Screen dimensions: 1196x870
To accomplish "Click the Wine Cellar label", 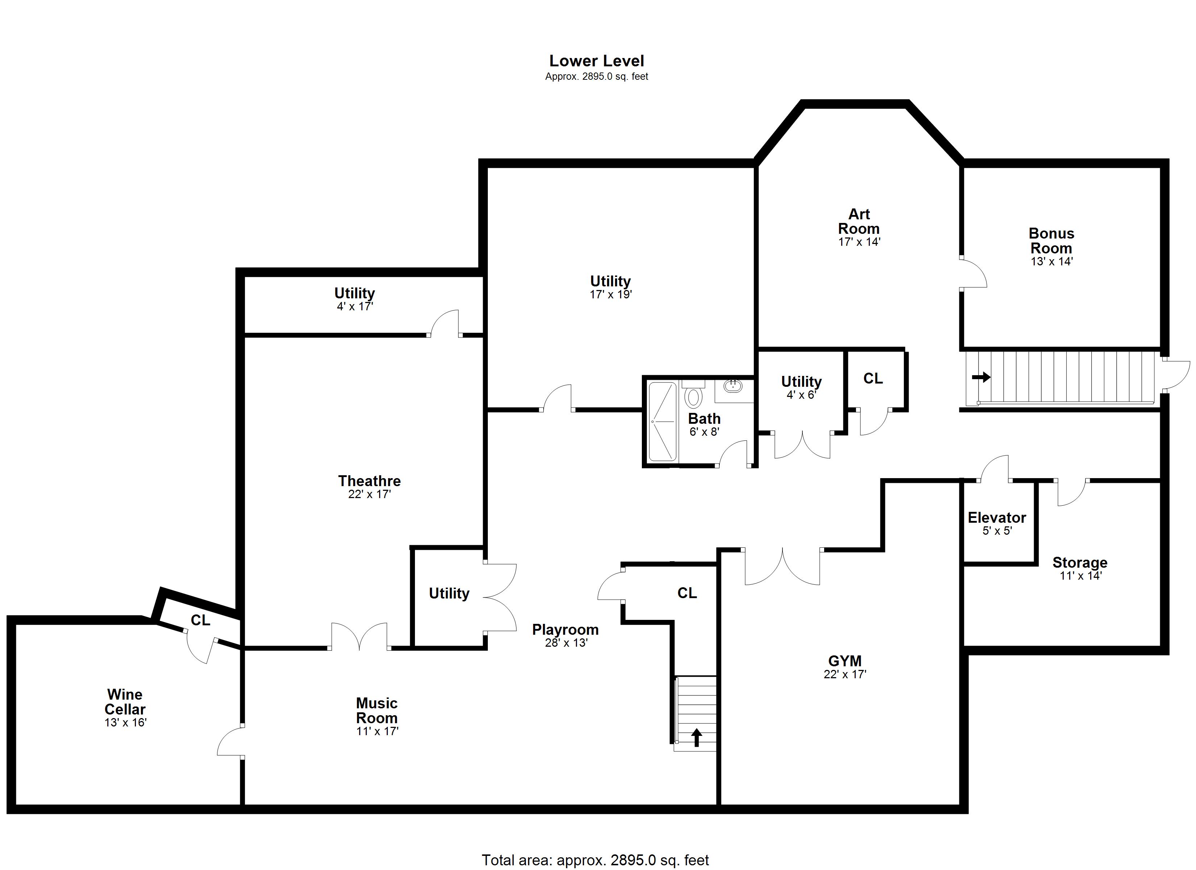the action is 125,702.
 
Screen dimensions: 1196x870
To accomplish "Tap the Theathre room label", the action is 369,481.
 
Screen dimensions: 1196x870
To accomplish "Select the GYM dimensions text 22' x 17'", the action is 845,674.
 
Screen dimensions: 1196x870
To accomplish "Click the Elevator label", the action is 997,518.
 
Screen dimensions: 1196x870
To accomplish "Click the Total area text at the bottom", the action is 595,860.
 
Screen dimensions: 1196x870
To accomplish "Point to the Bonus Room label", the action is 1051,241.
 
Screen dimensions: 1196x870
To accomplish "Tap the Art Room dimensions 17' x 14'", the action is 860,242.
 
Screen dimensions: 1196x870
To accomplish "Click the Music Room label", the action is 377,710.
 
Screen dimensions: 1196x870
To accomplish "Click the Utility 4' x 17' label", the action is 354,299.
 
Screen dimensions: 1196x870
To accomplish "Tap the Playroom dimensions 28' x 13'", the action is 566,643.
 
